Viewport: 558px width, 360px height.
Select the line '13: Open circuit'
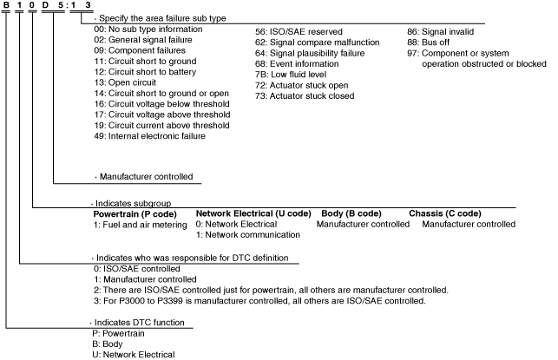[124, 84]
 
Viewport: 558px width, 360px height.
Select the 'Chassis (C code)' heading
[444, 213]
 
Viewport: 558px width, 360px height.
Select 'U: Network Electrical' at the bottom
[134, 354]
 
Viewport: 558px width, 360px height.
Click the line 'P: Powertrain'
[118, 333]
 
